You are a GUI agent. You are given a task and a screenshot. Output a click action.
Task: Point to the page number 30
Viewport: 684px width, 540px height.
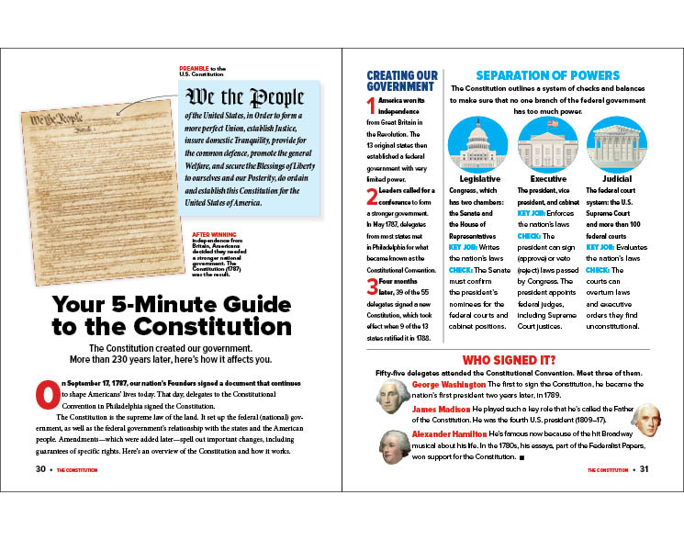(x=39, y=469)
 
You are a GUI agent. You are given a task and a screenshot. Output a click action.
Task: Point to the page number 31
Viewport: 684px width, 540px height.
(x=644, y=469)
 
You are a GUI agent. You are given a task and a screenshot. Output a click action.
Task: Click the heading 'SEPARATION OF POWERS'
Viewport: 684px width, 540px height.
(x=547, y=75)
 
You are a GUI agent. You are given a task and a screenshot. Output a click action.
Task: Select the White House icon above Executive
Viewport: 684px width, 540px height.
(x=547, y=144)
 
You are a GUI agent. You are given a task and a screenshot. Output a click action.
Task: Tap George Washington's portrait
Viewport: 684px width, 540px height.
(x=393, y=396)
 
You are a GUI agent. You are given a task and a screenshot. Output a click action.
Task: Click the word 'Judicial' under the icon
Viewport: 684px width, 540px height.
(x=616, y=178)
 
